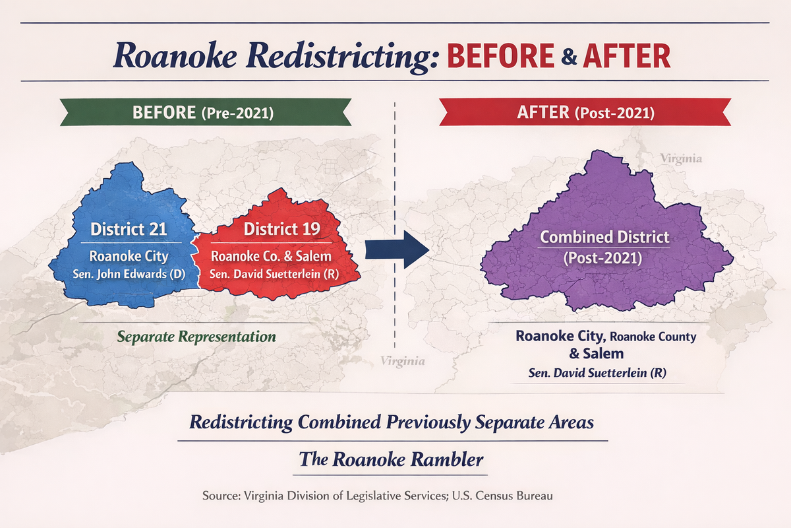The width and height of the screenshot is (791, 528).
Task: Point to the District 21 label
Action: [129, 230]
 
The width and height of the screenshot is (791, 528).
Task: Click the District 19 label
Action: [281, 230]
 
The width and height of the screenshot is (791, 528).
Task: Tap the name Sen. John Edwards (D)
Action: [129, 274]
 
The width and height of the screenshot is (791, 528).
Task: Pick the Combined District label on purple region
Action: [604, 237]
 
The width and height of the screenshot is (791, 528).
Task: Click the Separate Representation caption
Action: [196, 337]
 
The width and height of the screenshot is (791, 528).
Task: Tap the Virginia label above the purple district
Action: [681, 159]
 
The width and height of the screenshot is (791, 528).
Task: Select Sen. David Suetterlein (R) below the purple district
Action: [597, 373]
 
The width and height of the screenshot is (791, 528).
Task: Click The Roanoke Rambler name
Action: [391, 459]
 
